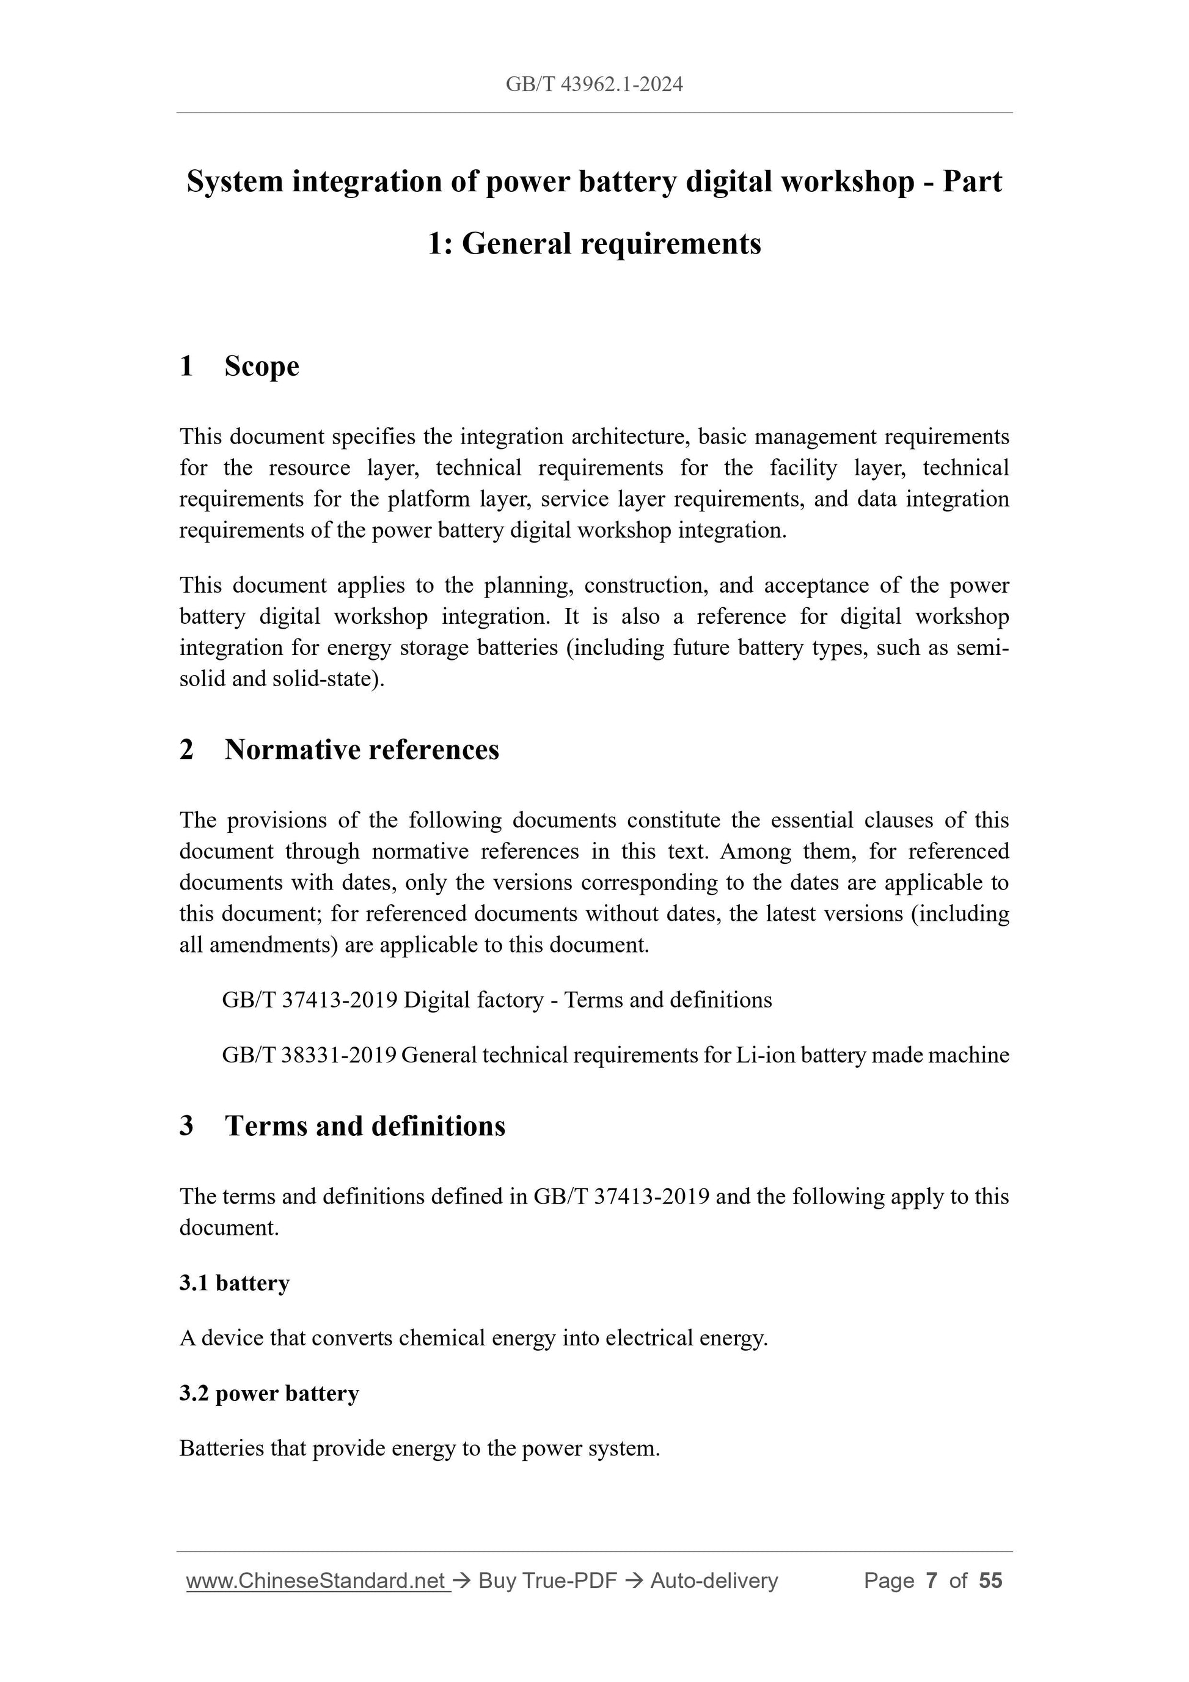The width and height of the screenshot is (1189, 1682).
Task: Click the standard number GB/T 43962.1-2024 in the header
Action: click(594, 85)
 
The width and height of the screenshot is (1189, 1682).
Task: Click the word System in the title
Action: click(235, 181)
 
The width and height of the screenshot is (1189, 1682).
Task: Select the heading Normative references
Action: click(361, 750)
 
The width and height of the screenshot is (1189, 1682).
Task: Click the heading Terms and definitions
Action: click(365, 1126)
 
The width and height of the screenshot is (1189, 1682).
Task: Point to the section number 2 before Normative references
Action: click(187, 750)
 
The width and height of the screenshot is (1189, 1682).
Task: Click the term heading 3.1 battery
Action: click(235, 1284)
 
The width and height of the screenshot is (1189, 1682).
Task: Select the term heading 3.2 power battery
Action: click(269, 1394)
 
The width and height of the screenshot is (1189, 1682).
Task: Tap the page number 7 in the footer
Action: click(931, 1581)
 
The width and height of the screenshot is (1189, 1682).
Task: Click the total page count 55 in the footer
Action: click(990, 1581)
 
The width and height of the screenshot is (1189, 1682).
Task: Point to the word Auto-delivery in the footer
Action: click(714, 1581)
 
